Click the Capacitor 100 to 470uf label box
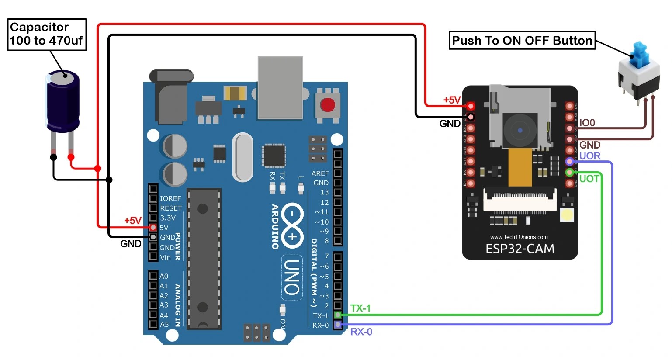(x=47, y=34)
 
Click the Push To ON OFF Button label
(x=522, y=40)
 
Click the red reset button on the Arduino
(x=327, y=105)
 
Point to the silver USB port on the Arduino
(x=280, y=87)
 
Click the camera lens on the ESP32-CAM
(x=520, y=130)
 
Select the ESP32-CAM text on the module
(x=520, y=249)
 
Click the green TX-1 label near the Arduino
(x=360, y=308)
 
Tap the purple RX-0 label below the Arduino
(x=361, y=332)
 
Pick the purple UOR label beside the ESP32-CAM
(x=590, y=156)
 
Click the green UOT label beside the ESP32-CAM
(x=589, y=179)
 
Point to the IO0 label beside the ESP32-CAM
(x=587, y=123)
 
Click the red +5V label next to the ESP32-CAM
(x=452, y=100)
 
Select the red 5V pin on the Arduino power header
(x=153, y=227)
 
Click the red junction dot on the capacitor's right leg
(x=71, y=157)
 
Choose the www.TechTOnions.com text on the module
(x=519, y=237)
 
